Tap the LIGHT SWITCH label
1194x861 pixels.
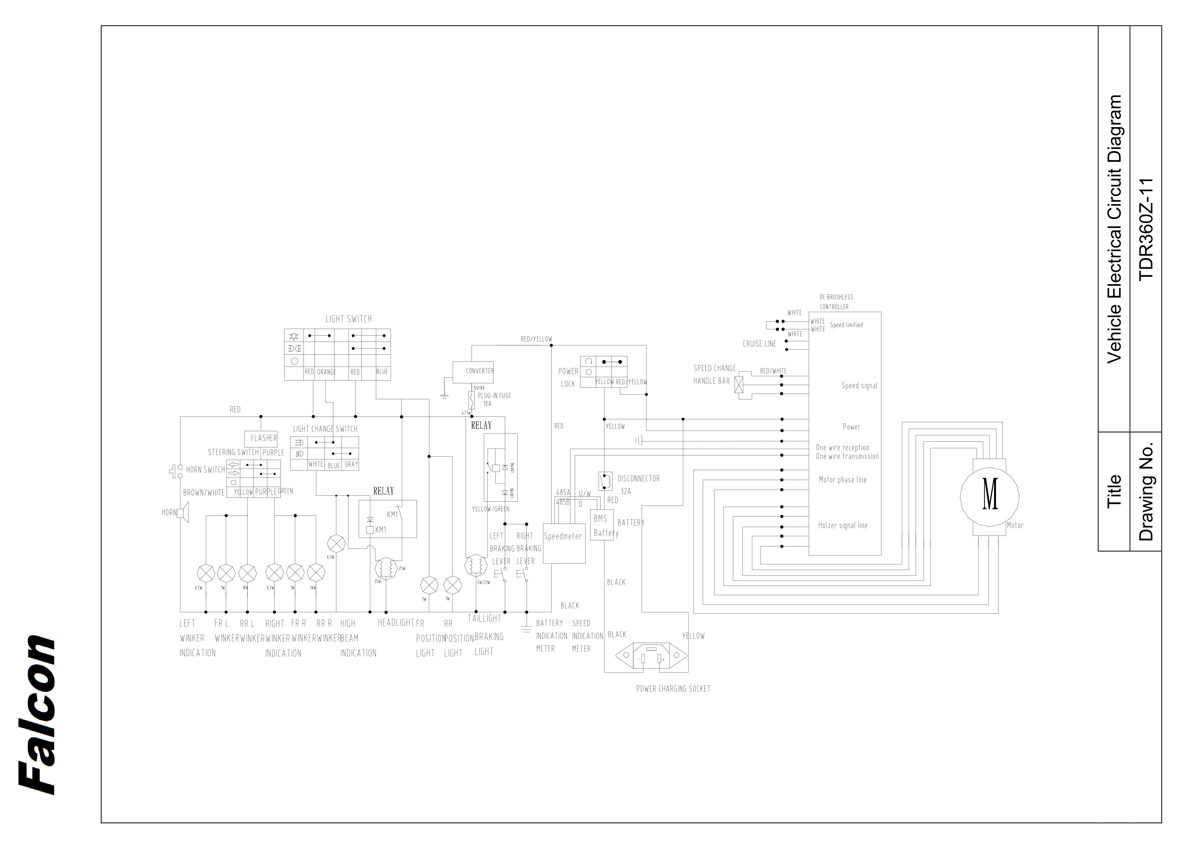pos(348,319)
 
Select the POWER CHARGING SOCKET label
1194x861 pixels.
pos(673,689)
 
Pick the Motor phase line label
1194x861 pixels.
pos(842,480)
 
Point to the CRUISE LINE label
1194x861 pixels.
pos(759,344)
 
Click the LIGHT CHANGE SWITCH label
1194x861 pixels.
pos(325,429)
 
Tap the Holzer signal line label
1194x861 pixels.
pos(842,525)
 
